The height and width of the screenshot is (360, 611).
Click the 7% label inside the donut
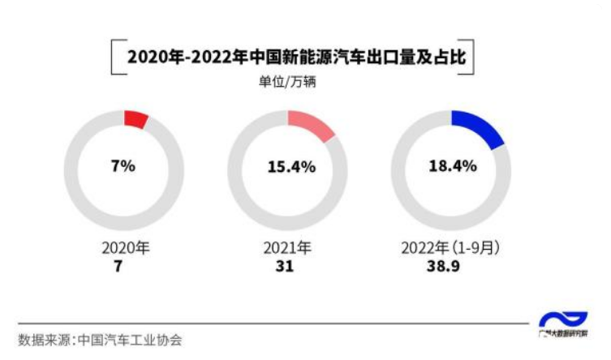(123, 166)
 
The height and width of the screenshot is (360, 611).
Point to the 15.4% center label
(288, 167)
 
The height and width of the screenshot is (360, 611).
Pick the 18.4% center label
(452, 166)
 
